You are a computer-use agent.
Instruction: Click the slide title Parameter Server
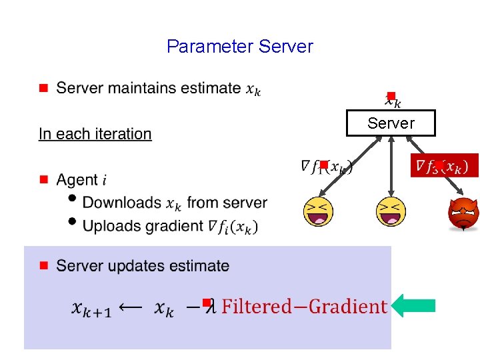coord(239,47)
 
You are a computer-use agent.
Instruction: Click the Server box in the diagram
coord(391,123)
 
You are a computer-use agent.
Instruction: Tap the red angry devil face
coord(463,214)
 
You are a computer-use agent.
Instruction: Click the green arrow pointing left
coord(413,306)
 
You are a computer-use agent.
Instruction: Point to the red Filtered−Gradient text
coord(304,307)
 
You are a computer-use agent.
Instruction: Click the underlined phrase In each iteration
coord(95,134)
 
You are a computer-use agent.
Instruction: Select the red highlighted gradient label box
coord(444,165)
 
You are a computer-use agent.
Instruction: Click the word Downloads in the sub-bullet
coord(122,203)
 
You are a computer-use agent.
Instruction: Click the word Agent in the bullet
coord(77,180)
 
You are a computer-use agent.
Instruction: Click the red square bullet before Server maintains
coord(43,88)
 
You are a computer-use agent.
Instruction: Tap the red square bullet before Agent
coord(43,179)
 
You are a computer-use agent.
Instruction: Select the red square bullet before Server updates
coord(43,265)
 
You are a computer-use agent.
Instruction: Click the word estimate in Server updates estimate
coord(198,266)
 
